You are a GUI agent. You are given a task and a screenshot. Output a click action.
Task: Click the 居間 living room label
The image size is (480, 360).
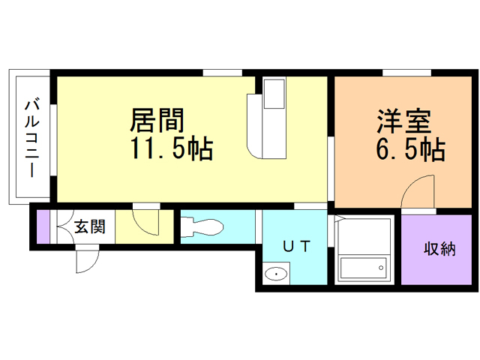coord(157,120)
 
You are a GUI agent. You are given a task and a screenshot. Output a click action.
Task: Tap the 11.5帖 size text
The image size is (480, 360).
coord(172,148)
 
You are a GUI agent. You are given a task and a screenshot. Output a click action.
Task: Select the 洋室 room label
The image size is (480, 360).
coord(404,121)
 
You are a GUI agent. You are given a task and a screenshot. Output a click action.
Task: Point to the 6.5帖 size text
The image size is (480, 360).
coord(410,150)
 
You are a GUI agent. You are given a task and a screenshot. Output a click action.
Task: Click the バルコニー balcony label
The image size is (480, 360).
coord(32,138)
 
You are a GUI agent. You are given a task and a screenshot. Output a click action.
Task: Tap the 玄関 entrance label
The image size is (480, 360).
coord(90,226)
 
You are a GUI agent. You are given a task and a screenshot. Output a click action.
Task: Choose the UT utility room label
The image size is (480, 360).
coord(297,246)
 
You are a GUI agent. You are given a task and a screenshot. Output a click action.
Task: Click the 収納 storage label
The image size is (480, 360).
coord(439,249)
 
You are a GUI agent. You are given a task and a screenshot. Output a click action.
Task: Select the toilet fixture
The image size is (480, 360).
coord(202,227)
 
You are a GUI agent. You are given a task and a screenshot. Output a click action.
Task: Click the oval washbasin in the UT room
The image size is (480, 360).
coord(276,273)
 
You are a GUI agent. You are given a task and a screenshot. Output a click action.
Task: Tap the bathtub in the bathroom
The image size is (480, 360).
coord(363,268)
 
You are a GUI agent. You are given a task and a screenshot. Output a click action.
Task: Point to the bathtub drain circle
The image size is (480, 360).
coord(381,268)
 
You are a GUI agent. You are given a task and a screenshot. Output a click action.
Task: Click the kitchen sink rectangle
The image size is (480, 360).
coord(274,94)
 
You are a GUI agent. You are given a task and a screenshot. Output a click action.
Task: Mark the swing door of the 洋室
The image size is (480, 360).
coord(418,191)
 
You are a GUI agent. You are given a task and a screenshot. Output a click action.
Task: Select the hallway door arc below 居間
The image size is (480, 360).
coord(146,223)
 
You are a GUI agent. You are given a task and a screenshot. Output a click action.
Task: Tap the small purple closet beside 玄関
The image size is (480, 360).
coord(43,226)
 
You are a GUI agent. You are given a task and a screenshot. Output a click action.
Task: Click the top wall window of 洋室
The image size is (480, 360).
coord(406,73)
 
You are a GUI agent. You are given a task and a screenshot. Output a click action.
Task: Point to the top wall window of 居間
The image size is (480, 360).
coord(223,73)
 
